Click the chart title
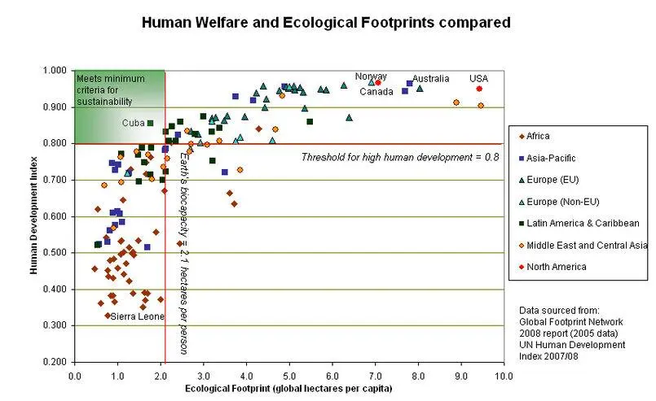326,23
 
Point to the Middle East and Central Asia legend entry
582,245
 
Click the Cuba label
133,123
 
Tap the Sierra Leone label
136,316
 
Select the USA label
478,79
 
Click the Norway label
371,76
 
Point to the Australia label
430,79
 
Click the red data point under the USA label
479,89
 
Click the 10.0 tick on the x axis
504,376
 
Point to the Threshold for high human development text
399,156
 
